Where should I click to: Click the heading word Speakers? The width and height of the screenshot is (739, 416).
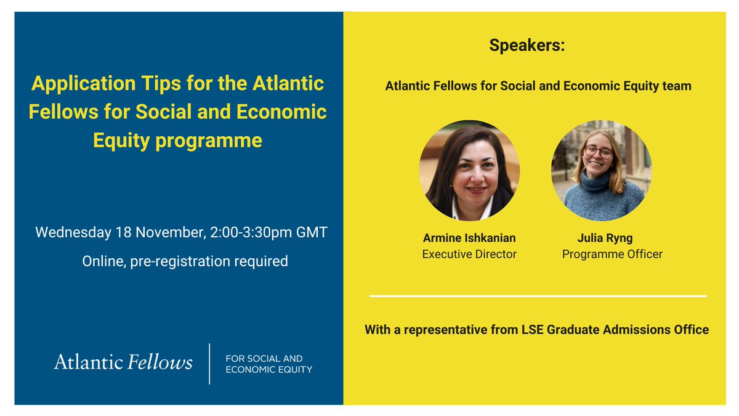click(x=527, y=46)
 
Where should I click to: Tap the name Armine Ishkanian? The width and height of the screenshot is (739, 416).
click(x=469, y=238)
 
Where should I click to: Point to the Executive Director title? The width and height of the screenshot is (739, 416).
click(x=469, y=254)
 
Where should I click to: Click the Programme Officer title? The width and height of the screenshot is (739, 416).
click(x=612, y=254)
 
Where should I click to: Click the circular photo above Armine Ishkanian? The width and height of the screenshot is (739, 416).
click(x=469, y=171)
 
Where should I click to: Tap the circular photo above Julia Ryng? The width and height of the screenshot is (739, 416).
click(x=601, y=171)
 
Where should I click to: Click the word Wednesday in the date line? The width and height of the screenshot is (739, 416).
click(x=73, y=234)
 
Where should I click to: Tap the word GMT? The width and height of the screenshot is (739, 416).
click(x=313, y=234)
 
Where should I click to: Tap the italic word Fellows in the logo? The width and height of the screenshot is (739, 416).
click(x=160, y=362)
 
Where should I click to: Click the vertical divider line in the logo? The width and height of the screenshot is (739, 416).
click(x=210, y=364)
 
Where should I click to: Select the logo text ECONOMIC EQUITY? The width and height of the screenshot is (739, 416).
click(x=269, y=370)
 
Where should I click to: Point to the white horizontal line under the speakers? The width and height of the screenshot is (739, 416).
click(x=538, y=296)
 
